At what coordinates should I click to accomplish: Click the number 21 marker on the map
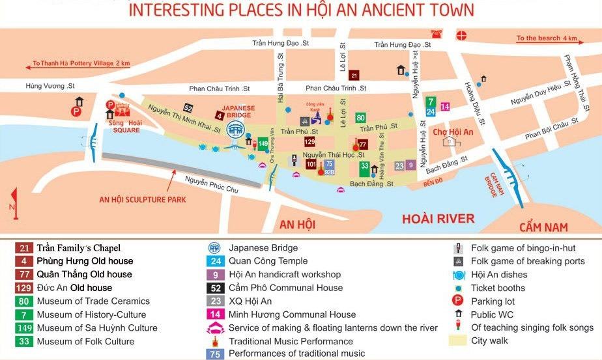354,75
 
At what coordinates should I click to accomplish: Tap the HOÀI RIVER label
438,219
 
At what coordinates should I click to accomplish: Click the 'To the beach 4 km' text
547,38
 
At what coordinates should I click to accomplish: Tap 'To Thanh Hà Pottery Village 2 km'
81,63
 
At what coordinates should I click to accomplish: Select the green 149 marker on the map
263,143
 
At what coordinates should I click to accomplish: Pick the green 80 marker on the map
360,118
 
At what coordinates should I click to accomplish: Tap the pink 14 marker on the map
445,107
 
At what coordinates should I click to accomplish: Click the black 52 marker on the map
188,107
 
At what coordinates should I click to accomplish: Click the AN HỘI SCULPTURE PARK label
142,199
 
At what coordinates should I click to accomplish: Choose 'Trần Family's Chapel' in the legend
78,248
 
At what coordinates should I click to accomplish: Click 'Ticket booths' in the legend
499,288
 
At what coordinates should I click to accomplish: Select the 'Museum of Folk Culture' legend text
85,341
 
